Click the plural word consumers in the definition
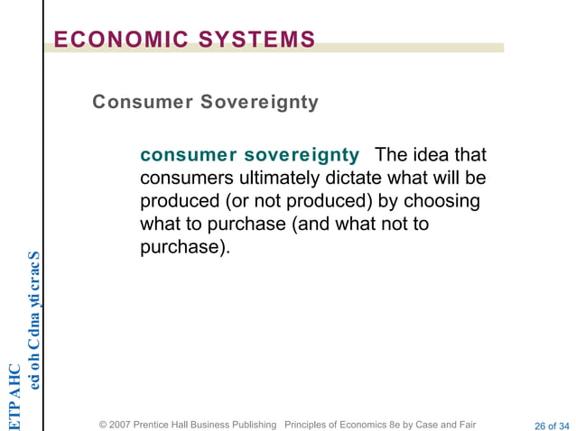[183, 178]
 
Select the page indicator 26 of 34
[552, 425]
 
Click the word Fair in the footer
[462, 424]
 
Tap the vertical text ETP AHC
[14, 394]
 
